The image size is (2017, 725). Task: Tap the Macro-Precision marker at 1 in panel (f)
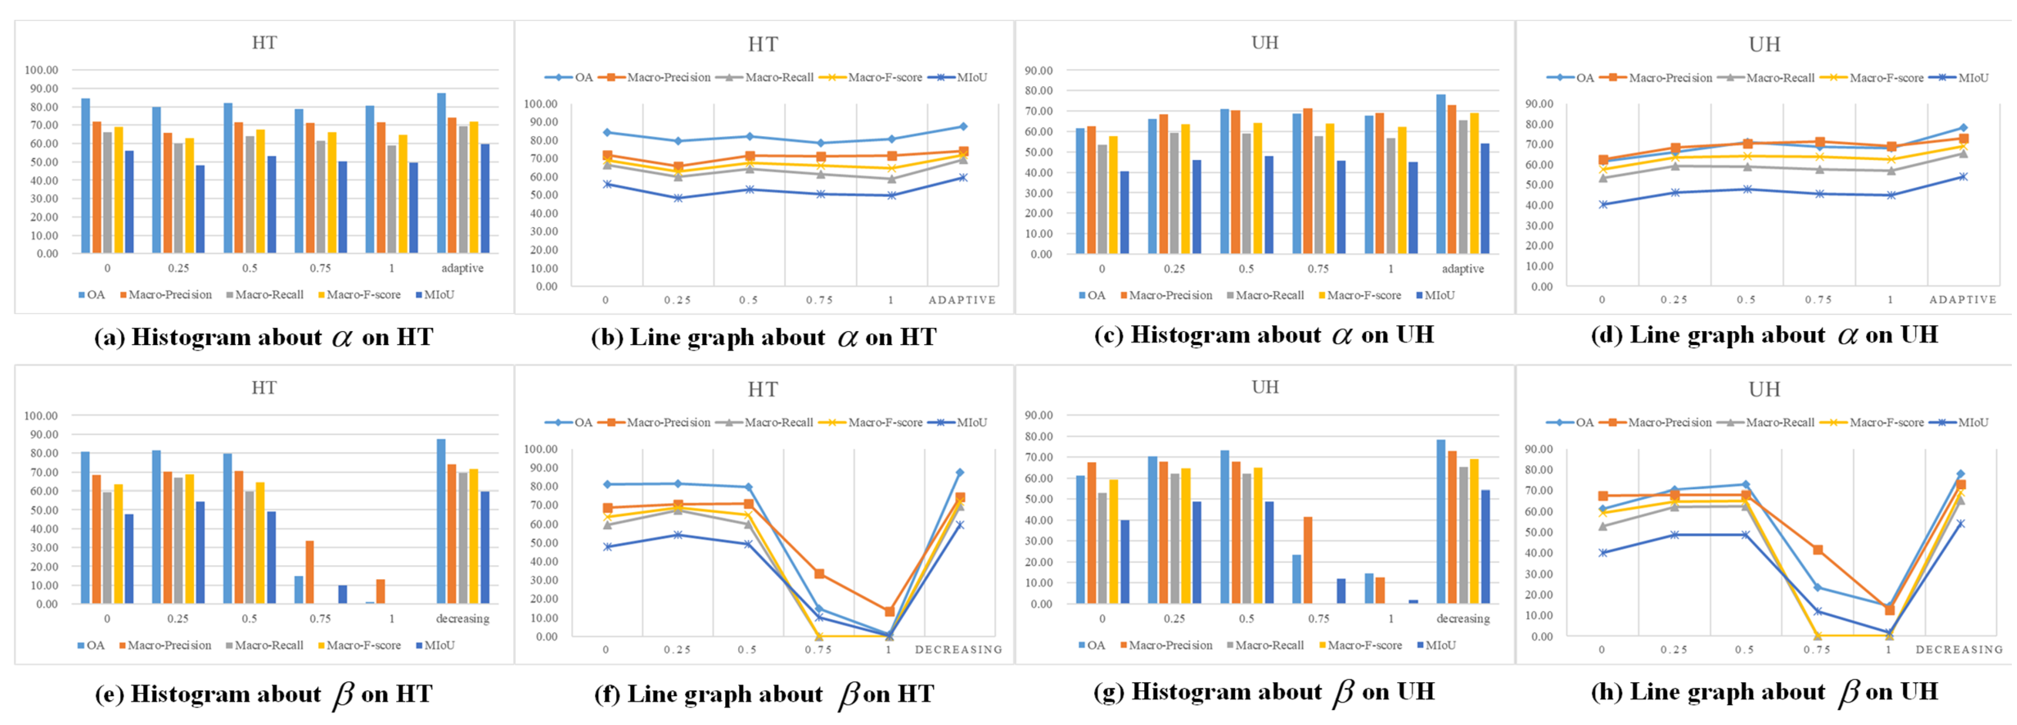pos(890,612)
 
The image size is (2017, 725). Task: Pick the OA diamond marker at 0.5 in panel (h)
pos(1745,484)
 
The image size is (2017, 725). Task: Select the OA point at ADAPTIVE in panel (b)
pos(963,126)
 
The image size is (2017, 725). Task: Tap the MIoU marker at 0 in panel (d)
pos(1603,204)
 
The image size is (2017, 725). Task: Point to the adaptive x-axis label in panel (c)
pos(1462,269)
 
